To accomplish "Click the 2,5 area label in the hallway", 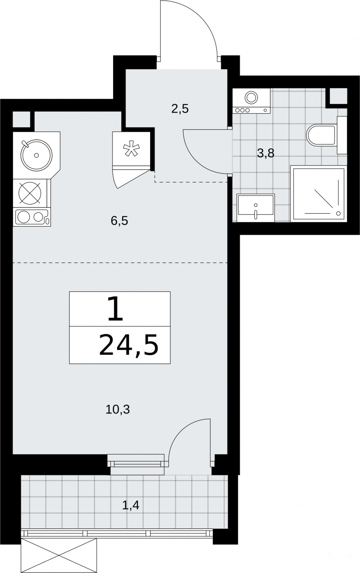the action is (x=180, y=109).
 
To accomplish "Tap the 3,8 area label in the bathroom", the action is (x=265, y=154).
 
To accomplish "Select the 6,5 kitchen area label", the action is (x=119, y=221).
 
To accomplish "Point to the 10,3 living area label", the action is (x=118, y=410).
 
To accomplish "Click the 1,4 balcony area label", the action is (x=130, y=505).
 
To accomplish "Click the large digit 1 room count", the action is (x=116, y=309).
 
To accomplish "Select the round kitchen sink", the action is (x=36, y=155).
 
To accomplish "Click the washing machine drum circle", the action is (x=251, y=97).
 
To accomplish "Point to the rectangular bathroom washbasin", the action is (x=256, y=208).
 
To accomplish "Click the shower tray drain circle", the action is (x=339, y=213).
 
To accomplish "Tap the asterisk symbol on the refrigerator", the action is (x=132, y=148).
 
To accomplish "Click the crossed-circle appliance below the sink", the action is (x=30, y=193).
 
